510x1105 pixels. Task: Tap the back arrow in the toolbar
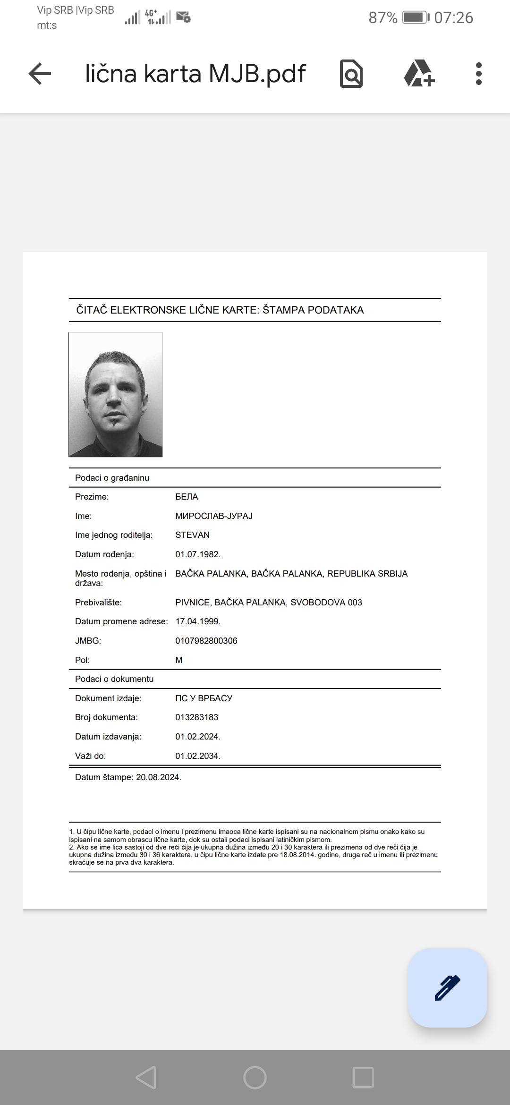[x=40, y=74]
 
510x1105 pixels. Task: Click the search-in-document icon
[x=351, y=74]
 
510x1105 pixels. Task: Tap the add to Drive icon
[x=419, y=74]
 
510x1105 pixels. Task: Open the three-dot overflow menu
[x=478, y=74]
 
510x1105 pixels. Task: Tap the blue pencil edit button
[x=447, y=987]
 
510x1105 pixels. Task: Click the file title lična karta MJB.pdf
[x=195, y=74]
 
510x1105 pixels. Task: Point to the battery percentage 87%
[x=382, y=18]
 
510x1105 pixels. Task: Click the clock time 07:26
[x=453, y=18]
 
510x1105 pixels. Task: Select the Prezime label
[x=92, y=497]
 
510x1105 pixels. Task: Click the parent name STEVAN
[x=192, y=535]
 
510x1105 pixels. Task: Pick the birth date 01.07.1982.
[x=198, y=554]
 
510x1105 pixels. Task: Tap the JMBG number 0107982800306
[x=206, y=641]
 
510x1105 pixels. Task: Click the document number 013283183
[x=196, y=717]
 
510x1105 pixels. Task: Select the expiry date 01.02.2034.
[x=198, y=756]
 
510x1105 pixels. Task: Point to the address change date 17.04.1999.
[x=198, y=621]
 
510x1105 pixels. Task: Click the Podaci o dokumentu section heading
[x=114, y=679]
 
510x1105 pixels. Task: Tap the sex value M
[x=179, y=660]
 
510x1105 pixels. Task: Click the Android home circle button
[x=255, y=1078]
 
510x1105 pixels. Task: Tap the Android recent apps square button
[x=363, y=1078]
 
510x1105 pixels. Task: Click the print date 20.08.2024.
[x=158, y=777]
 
